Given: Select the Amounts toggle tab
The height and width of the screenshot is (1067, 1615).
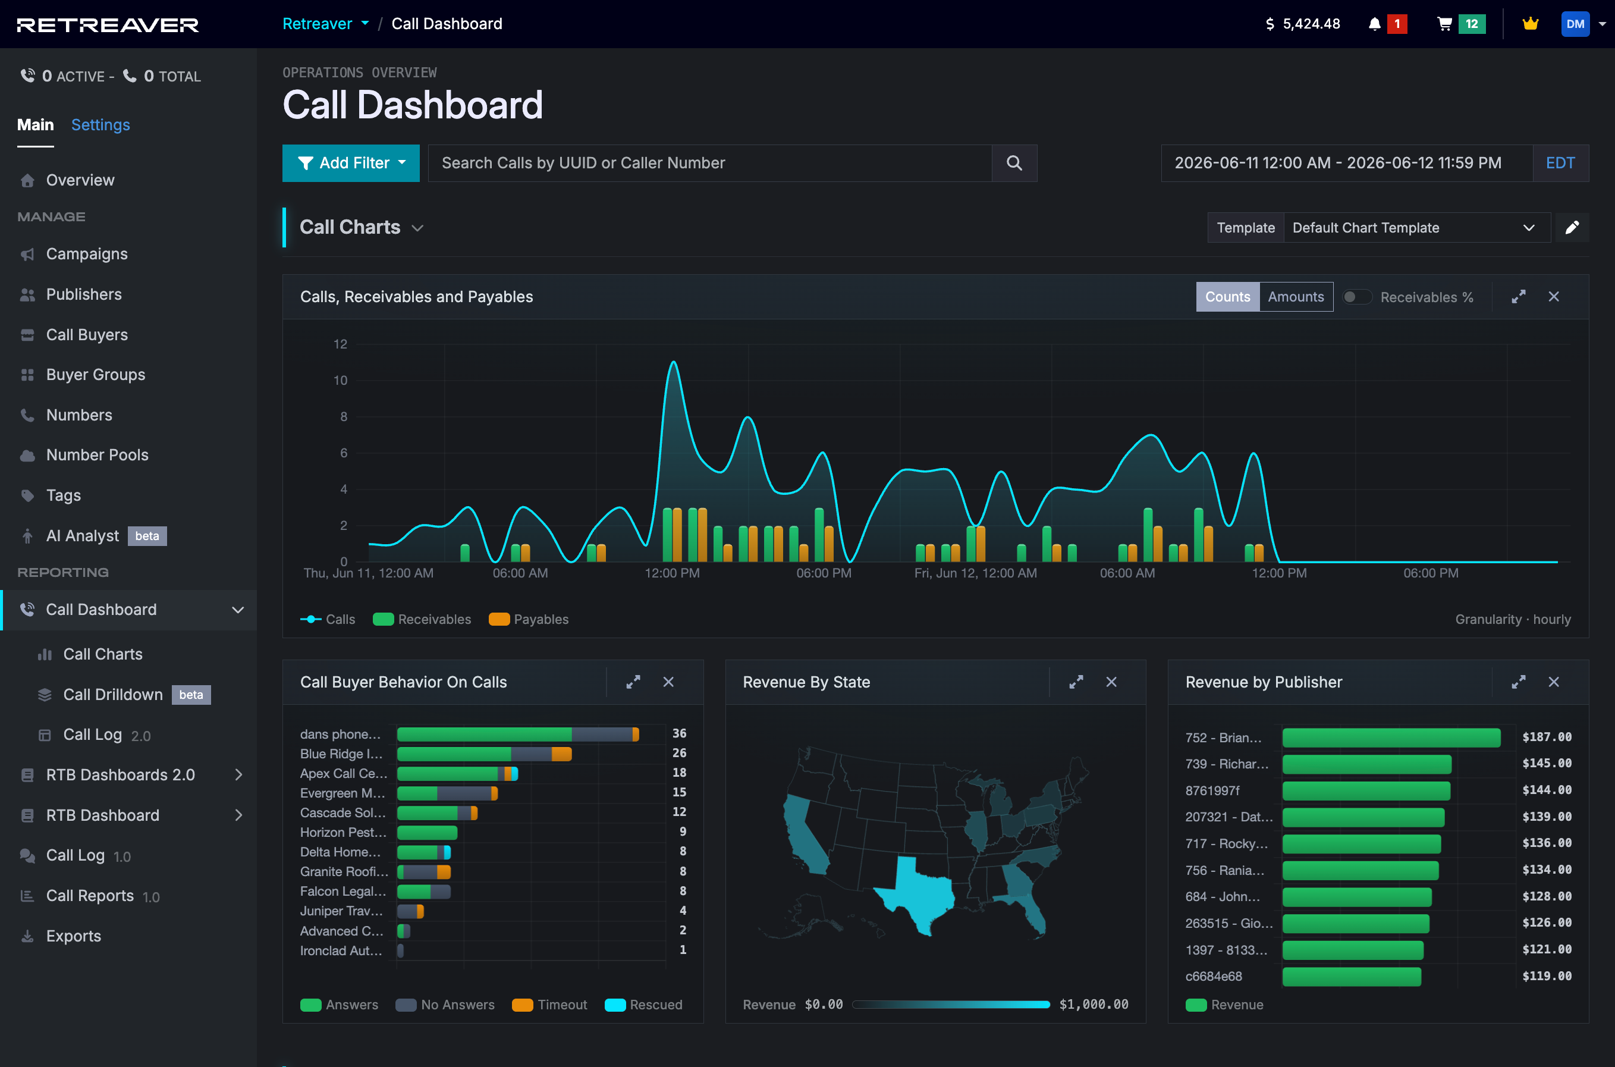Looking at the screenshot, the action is pyautogui.click(x=1296, y=297).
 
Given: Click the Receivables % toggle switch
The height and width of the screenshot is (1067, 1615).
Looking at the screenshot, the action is pyautogui.click(x=1356, y=297).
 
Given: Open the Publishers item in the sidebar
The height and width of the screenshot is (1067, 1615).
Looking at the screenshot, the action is pyautogui.click(x=84, y=294).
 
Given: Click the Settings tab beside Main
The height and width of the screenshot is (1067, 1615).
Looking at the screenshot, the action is pyautogui.click(x=100, y=124).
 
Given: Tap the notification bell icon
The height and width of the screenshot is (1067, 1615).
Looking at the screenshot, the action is pyautogui.click(x=1374, y=24).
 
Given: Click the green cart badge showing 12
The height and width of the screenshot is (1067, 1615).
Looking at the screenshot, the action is pyautogui.click(x=1472, y=24).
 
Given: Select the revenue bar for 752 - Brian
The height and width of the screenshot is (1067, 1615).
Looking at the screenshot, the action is pyautogui.click(x=1391, y=738).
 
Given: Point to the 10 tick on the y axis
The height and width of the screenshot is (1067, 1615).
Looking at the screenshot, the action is pyautogui.click(x=340, y=381).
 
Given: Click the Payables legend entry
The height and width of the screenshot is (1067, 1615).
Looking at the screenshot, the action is pyautogui.click(x=529, y=619).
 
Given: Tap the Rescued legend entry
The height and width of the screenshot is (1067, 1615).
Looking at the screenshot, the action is pyautogui.click(x=643, y=1005).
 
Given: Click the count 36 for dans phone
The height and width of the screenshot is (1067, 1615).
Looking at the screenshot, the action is pyautogui.click(x=679, y=733).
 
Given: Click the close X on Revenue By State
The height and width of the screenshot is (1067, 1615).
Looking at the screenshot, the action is pyautogui.click(x=1111, y=682).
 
